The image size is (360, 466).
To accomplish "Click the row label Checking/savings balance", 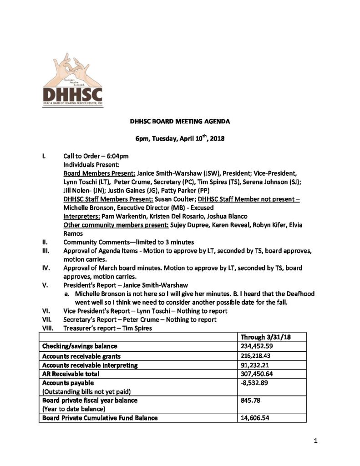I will coord(80,346).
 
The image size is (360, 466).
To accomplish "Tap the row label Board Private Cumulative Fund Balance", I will coord(100,418).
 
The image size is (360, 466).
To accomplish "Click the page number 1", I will coord(315,441).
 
